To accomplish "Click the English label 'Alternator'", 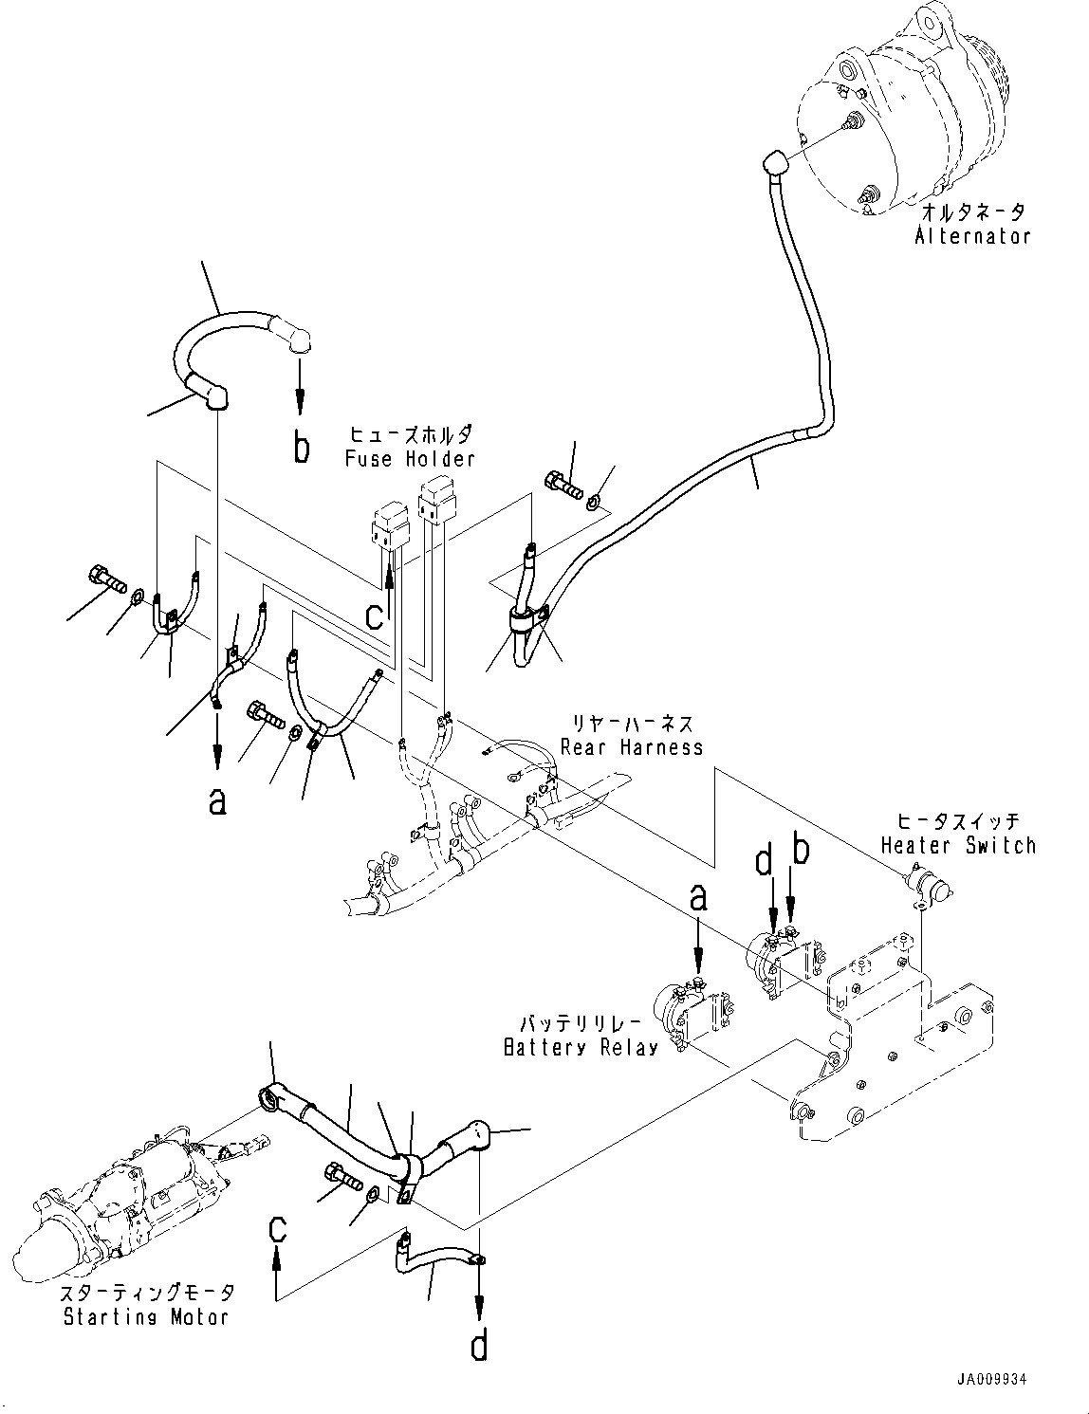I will [971, 237].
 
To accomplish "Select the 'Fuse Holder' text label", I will [409, 459].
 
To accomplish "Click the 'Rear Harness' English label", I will [632, 746].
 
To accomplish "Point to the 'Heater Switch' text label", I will [958, 845].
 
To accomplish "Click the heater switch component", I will [930, 887].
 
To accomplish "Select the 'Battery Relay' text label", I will [581, 1048].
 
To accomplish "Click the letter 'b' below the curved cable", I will [301, 448].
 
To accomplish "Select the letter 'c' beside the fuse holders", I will [376, 615].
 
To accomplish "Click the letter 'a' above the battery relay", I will [698, 897].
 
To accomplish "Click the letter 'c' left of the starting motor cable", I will [276, 1230].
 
